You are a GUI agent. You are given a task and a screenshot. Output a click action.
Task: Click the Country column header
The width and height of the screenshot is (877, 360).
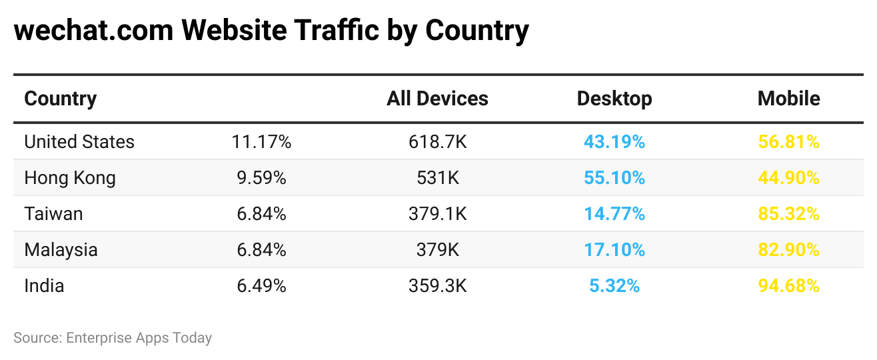pyautogui.click(x=61, y=99)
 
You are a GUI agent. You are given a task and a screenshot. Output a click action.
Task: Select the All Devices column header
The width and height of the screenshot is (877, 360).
pyautogui.click(x=437, y=99)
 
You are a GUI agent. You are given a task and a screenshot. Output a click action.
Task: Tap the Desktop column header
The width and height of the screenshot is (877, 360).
pyautogui.click(x=614, y=99)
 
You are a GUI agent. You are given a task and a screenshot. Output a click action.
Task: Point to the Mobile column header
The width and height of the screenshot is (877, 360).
pyautogui.click(x=788, y=99)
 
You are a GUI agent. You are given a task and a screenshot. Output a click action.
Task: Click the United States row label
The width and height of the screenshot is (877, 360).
pyautogui.click(x=79, y=142)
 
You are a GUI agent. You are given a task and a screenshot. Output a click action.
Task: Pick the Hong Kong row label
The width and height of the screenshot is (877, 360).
pyautogui.click(x=70, y=178)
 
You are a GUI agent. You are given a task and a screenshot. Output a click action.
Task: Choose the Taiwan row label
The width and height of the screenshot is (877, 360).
pyautogui.click(x=54, y=214)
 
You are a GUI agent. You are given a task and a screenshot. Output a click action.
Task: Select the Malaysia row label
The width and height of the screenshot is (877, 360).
pyautogui.click(x=61, y=250)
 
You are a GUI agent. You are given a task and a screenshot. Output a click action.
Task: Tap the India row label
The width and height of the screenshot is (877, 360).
pyautogui.click(x=45, y=286)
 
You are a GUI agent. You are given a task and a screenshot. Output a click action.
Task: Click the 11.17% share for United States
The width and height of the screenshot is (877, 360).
pyautogui.click(x=261, y=142)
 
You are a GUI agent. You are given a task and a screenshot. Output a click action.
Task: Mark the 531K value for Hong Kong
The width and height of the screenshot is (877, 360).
pyautogui.click(x=437, y=178)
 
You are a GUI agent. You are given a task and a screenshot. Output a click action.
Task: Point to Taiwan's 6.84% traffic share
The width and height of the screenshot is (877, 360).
pyautogui.click(x=261, y=214)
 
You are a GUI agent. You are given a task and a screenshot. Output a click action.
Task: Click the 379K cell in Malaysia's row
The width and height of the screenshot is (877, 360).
pyautogui.click(x=437, y=250)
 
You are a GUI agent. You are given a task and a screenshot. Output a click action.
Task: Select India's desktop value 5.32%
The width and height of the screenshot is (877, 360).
pyautogui.click(x=614, y=286)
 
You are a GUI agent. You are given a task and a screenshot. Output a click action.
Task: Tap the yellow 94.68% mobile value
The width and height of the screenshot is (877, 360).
pyautogui.click(x=788, y=286)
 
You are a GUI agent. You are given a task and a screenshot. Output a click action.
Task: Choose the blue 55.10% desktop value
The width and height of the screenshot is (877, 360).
pyautogui.click(x=614, y=178)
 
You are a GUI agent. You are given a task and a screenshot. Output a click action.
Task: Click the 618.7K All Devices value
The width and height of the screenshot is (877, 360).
pyautogui.click(x=437, y=142)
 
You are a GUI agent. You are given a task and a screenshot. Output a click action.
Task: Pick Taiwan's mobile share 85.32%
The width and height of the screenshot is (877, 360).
pyautogui.click(x=788, y=214)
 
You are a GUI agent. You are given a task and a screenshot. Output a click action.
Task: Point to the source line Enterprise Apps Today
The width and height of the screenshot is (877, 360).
pyautogui.click(x=139, y=338)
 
